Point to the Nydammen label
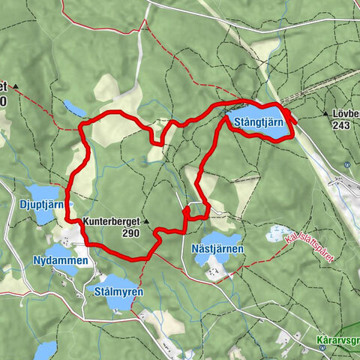click(61, 260)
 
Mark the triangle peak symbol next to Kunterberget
click(147, 221)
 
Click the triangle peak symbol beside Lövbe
click(327, 114)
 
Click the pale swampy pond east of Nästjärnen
click(280, 235)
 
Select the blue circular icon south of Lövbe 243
click(346, 164)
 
